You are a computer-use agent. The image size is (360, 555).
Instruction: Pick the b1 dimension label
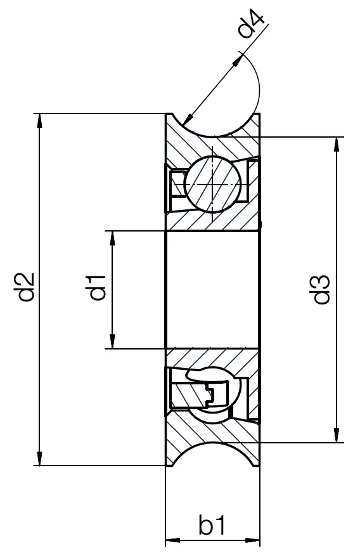(x=212, y=526)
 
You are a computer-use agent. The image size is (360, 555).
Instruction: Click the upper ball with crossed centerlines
(x=212, y=183)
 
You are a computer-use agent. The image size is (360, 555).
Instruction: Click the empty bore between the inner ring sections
(x=212, y=289)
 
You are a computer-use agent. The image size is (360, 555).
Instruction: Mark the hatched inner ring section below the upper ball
(x=212, y=221)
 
